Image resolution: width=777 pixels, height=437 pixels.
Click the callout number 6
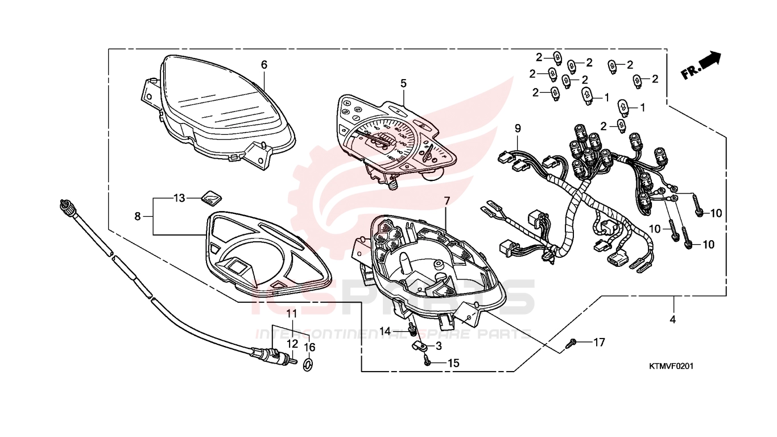(x=264, y=65)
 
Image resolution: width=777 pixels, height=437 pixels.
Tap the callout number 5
(x=403, y=83)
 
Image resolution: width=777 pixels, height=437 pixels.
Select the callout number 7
(x=447, y=201)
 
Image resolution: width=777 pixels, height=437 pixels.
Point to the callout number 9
(x=518, y=128)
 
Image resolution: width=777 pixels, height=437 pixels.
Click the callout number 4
(x=673, y=320)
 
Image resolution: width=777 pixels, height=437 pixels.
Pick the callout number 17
(x=599, y=343)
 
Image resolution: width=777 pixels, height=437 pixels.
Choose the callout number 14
(x=386, y=331)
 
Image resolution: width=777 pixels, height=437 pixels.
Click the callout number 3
(x=439, y=346)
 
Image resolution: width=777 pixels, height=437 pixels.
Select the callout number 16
(x=309, y=347)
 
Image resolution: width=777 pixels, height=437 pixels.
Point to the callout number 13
(x=179, y=198)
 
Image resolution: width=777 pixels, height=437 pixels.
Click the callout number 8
(x=138, y=216)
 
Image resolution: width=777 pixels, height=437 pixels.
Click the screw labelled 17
(x=572, y=343)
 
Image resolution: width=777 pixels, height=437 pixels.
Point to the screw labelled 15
(x=427, y=360)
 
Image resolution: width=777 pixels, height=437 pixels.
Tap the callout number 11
(x=292, y=314)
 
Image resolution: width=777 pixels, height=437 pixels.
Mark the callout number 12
(x=292, y=344)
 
